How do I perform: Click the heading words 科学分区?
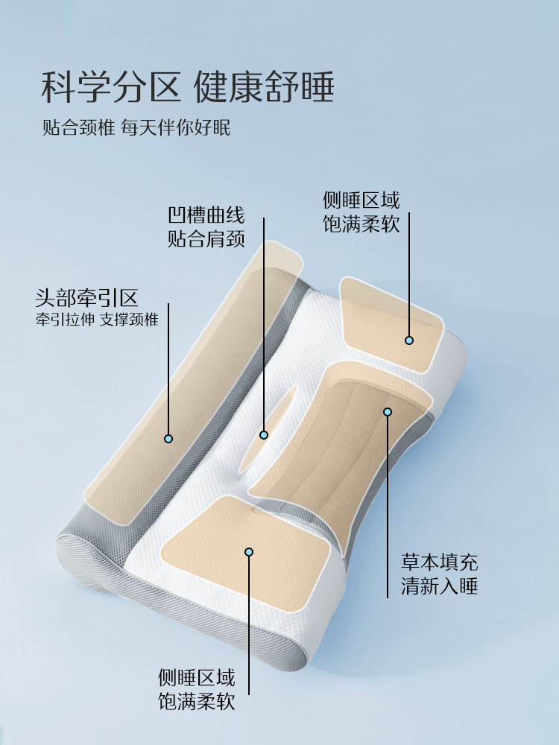(x=110, y=87)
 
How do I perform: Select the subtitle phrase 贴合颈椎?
(x=78, y=127)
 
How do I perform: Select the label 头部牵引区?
(x=87, y=299)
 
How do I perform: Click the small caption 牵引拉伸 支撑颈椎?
(x=97, y=321)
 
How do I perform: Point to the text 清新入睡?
(x=440, y=586)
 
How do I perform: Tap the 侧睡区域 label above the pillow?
(x=361, y=200)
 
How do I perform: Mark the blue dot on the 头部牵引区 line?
(x=168, y=439)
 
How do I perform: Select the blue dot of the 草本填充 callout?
(x=388, y=412)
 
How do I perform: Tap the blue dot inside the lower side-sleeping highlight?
(x=249, y=552)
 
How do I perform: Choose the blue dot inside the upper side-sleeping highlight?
(x=409, y=340)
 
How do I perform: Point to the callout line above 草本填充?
(x=388, y=507)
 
